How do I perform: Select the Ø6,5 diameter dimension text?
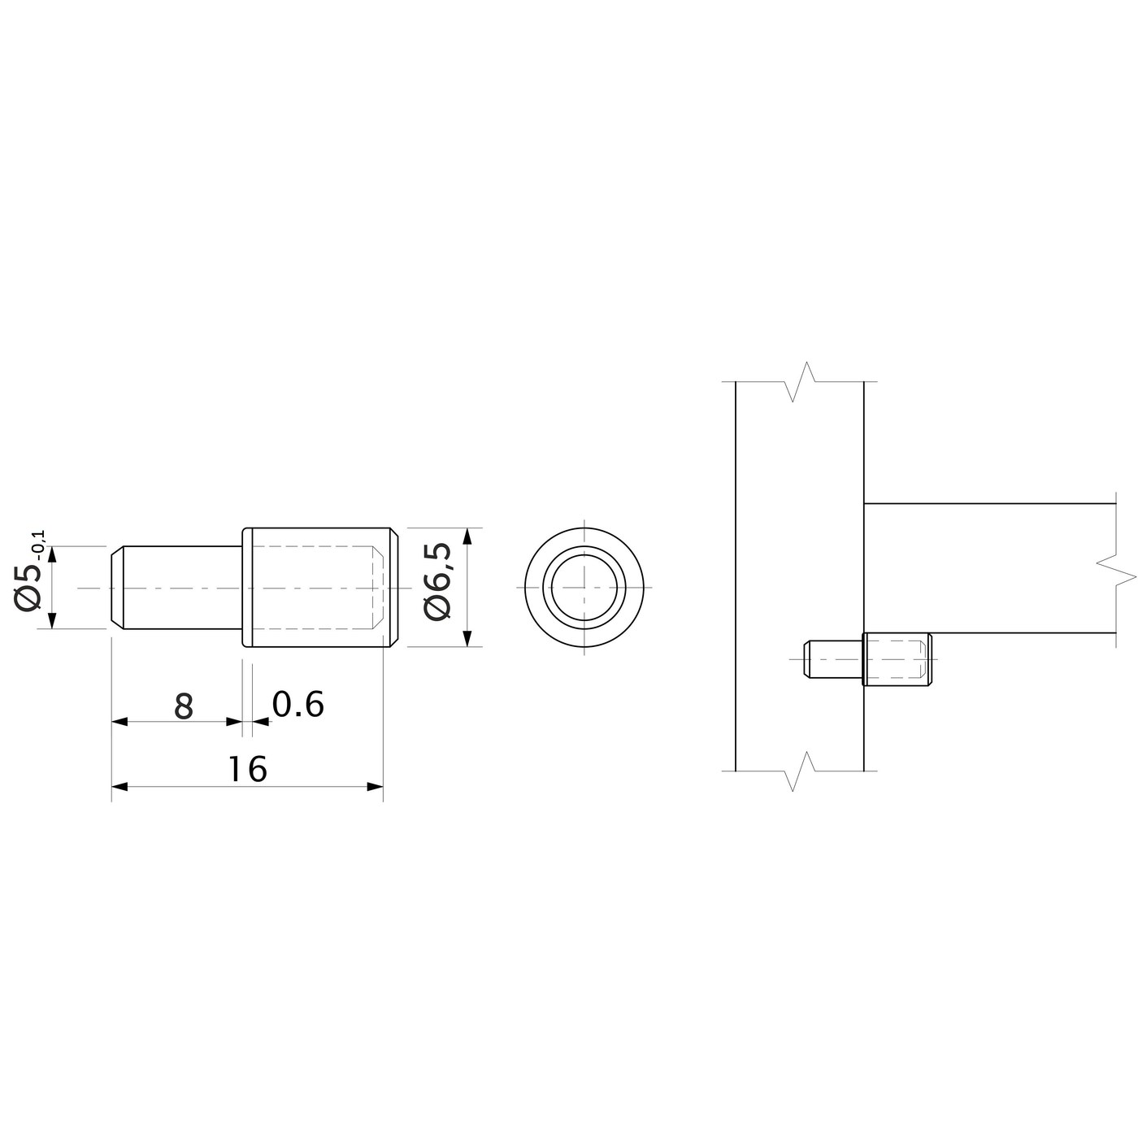click(x=438, y=582)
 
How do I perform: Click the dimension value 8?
click(x=185, y=706)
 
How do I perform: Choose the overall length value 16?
click(x=247, y=768)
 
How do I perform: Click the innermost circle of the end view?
click(x=584, y=588)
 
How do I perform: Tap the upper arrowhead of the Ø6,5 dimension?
click(x=467, y=536)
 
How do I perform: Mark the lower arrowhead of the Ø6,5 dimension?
click(x=467, y=639)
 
